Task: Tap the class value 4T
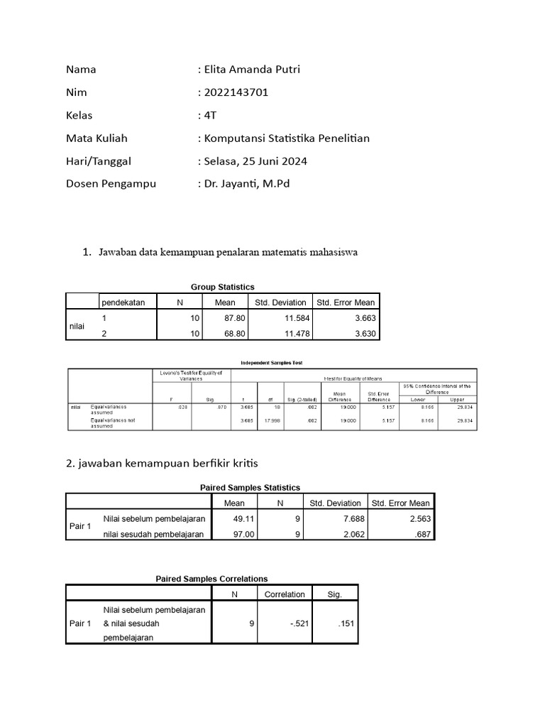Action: click(x=209, y=116)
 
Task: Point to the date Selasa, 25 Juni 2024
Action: click(x=255, y=161)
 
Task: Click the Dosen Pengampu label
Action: click(x=111, y=184)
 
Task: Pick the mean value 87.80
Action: click(x=225, y=318)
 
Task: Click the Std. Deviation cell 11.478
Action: click(x=291, y=333)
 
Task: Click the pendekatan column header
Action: click(x=123, y=302)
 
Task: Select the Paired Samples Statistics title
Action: click(x=251, y=487)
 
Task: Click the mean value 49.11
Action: click(x=243, y=518)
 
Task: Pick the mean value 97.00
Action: click(x=243, y=534)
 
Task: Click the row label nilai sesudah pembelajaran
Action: click(x=153, y=534)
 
